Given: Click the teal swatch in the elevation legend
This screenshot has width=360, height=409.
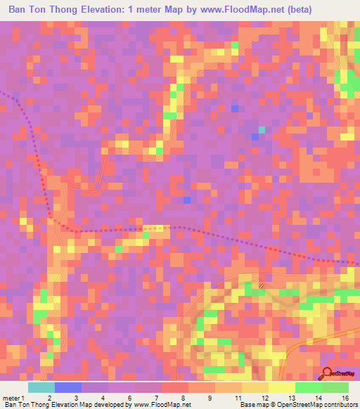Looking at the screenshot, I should coord(41,387).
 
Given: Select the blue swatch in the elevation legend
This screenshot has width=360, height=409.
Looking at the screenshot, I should coord(67,387).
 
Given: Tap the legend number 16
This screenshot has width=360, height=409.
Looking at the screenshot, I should coord(344,398).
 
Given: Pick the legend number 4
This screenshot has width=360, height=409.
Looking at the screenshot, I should coord(103,398).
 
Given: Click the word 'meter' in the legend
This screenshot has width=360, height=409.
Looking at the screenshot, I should coord(11,398).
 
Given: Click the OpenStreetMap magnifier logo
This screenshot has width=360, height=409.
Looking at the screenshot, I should coord(327,374).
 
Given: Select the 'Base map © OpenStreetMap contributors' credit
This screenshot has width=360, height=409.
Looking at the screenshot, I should coord(298,405).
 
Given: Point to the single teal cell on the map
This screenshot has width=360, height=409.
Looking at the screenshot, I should coord(262,130).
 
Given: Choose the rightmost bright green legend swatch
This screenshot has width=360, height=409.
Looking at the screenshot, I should coord(335,387).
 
